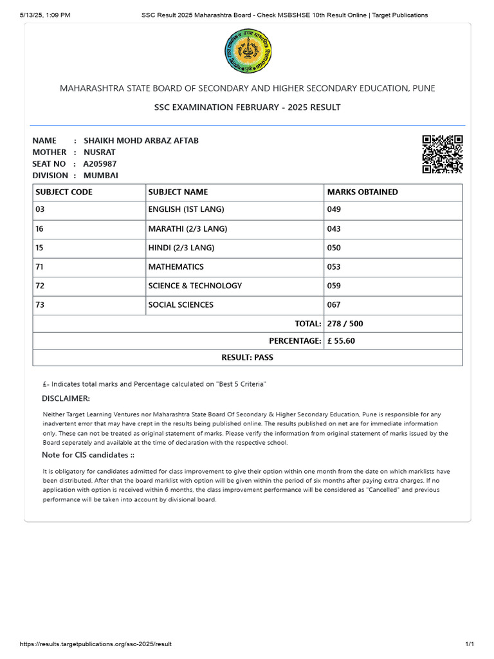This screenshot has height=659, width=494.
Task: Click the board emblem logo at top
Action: point(248,51)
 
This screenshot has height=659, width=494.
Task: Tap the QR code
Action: point(443,154)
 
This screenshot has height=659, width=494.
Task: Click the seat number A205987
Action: point(100,163)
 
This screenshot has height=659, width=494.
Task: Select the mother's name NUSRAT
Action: point(100,152)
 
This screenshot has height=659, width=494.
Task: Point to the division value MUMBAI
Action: point(101,175)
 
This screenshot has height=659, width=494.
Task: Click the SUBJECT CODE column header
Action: point(64,192)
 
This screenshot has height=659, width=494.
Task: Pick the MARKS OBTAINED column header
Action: point(362,192)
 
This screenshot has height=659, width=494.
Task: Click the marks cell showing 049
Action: point(334,209)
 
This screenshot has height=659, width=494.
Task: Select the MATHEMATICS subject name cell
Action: point(176,266)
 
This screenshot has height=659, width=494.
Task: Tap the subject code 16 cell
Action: point(40,228)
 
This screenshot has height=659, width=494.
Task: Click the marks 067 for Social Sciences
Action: point(334,304)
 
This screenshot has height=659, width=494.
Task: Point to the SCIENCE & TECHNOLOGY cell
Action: point(195,286)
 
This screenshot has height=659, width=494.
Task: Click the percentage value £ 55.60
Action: point(341,341)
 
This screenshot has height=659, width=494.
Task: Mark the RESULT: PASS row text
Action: point(247,357)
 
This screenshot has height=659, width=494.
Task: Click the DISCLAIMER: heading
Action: point(66,398)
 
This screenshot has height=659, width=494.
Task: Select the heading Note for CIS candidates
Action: point(88,455)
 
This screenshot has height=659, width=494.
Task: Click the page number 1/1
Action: point(470,644)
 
